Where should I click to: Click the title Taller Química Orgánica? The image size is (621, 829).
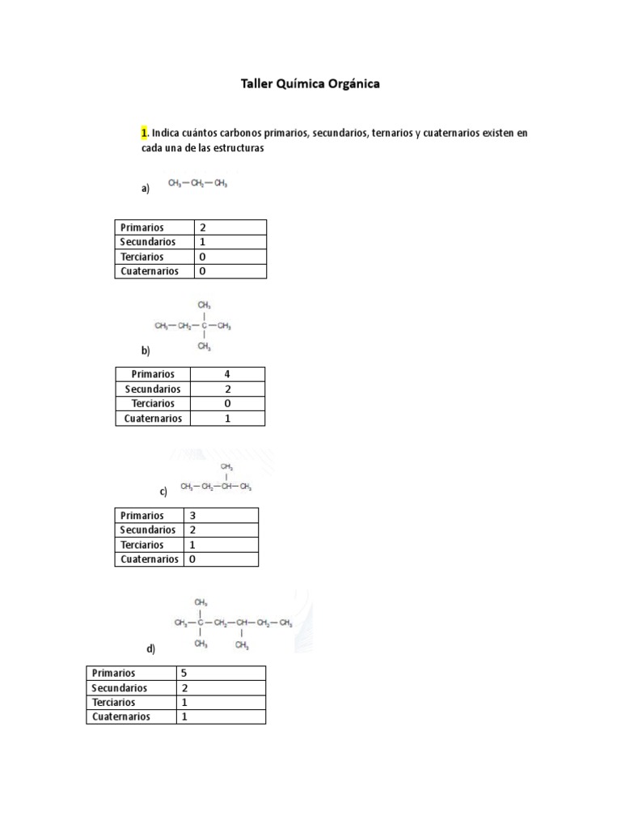click(x=310, y=83)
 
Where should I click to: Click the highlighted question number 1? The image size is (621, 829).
click(x=144, y=132)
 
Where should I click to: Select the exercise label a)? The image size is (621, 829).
click(x=146, y=189)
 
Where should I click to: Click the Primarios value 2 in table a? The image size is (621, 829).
click(x=203, y=227)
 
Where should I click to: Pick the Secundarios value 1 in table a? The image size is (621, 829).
click(x=203, y=242)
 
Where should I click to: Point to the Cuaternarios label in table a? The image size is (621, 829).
click(x=150, y=271)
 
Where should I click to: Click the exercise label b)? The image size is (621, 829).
click(x=146, y=351)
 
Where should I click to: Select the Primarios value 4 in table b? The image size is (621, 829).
click(x=228, y=374)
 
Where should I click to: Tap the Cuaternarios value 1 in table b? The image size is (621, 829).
click(x=228, y=419)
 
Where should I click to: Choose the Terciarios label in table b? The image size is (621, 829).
click(x=153, y=403)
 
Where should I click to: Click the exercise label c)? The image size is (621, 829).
click(x=163, y=491)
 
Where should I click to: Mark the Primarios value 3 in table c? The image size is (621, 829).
click(x=193, y=515)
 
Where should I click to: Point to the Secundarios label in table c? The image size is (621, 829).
click(x=148, y=529)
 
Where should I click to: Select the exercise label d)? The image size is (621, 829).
click(x=151, y=648)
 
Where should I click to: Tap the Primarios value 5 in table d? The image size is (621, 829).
click(x=184, y=673)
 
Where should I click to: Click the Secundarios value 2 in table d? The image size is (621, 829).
click(x=184, y=687)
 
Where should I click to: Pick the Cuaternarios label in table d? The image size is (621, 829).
click(x=121, y=716)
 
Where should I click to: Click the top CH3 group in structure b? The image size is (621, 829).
click(x=205, y=305)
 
